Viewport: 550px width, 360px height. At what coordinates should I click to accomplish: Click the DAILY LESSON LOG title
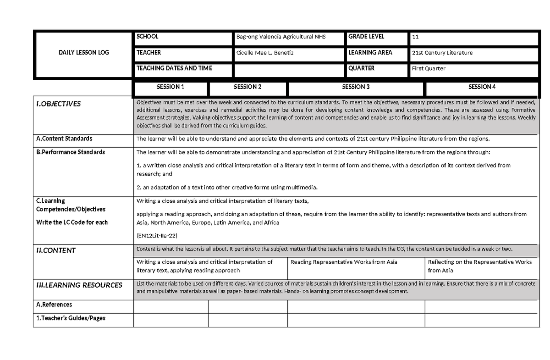[83, 53]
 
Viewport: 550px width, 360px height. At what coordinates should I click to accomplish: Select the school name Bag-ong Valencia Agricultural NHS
[280, 37]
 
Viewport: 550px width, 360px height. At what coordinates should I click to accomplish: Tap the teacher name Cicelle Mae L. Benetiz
[264, 53]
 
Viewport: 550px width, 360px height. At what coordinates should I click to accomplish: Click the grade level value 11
[415, 37]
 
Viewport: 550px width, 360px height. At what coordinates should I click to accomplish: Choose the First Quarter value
[429, 68]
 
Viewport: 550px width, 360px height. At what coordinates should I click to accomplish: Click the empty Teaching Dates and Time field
[288, 70]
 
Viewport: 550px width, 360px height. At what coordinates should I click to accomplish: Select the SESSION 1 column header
[170, 87]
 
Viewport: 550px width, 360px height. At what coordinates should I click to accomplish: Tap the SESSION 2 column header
[247, 87]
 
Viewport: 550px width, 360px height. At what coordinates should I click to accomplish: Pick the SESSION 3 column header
[356, 87]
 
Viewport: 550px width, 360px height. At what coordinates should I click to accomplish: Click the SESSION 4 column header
[482, 87]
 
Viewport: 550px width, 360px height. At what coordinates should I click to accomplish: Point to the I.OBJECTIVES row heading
[58, 104]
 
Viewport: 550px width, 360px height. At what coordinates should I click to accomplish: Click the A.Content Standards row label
[64, 138]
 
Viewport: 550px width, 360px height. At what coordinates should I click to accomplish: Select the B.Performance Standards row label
[70, 152]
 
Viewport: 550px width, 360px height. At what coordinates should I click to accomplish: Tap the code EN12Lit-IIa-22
[157, 235]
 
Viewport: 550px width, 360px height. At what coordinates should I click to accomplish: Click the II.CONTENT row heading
[56, 250]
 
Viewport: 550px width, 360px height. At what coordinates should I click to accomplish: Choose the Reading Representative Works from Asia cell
[344, 262]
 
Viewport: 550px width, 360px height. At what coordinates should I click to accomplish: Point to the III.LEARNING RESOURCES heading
[79, 285]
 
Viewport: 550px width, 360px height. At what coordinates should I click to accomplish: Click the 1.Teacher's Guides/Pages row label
[71, 318]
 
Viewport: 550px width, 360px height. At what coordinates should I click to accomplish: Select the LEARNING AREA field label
[370, 53]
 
